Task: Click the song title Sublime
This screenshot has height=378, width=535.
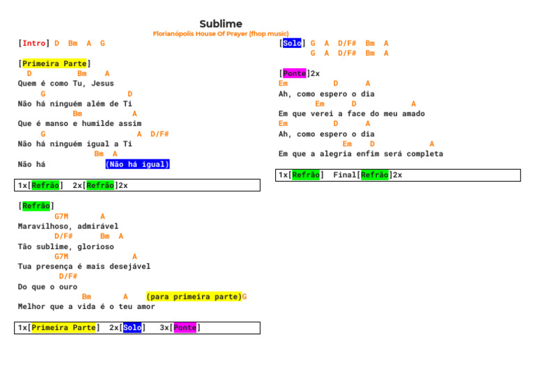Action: pos(221,24)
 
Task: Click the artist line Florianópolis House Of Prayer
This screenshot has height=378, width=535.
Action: pos(220,33)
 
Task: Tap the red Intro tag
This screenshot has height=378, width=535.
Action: pos(34,43)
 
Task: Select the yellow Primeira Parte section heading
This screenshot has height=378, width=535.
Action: pos(54,63)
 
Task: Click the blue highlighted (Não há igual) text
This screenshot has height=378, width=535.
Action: pos(137,164)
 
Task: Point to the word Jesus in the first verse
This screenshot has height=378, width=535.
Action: pos(102,84)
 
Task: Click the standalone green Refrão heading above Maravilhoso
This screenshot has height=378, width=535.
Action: pos(36,206)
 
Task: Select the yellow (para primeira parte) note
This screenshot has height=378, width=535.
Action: pos(194,297)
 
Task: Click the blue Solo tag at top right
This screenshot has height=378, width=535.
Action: pos(293,43)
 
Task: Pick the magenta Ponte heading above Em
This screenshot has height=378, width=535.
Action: pos(294,73)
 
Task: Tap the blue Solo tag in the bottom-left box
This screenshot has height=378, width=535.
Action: pos(132,327)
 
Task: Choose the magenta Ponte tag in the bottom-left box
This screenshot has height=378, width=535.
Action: pos(185,327)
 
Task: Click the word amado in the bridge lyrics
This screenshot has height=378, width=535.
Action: pos(411,113)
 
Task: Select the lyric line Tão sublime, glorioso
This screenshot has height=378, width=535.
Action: pos(65,246)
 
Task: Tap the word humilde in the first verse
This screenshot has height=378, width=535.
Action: pos(95,124)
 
